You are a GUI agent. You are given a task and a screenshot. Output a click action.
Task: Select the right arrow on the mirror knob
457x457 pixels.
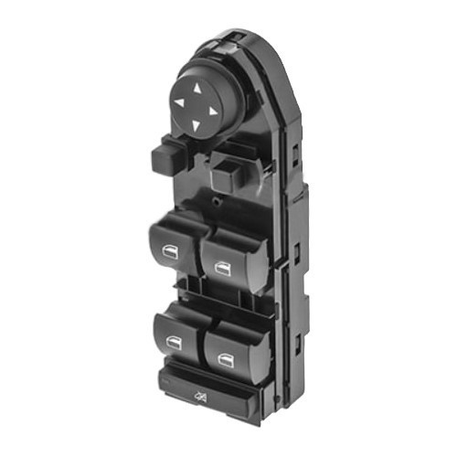pyautogui.click(x=212, y=112)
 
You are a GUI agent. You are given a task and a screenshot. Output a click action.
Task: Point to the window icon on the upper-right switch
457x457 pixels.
pyautogui.click(x=222, y=267)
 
